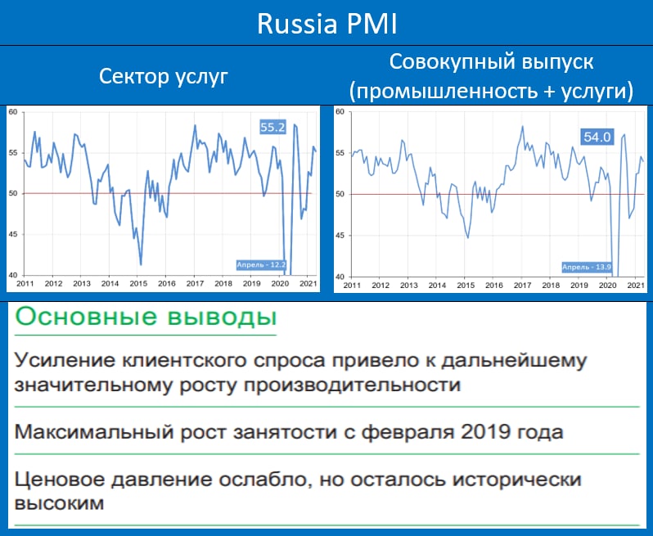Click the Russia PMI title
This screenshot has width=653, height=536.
pyautogui.click(x=327, y=24)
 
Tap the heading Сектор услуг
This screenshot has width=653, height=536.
pyautogui.click(x=164, y=77)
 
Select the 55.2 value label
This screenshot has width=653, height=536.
pyautogui.click(x=272, y=127)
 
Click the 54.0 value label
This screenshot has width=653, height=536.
pyautogui.click(x=597, y=137)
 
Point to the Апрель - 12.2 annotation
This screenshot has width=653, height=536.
pyautogui.click(x=262, y=265)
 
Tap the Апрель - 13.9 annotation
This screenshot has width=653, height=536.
pyautogui.click(x=587, y=267)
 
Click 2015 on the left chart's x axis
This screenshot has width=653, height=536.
pyautogui.click(x=138, y=284)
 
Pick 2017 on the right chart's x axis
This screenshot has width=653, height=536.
pyautogui.click(x=522, y=286)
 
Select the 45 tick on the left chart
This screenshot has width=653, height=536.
pyautogui.click(x=13, y=235)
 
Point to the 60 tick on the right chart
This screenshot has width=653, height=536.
pyautogui.click(x=340, y=111)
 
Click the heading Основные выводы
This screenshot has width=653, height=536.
pyautogui.click(x=146, y=317)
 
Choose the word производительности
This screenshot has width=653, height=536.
pyautogui.click(x=352, y=385)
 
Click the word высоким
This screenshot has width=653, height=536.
pyautogui.click(x=59, y=503)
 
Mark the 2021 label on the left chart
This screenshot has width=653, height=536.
pyautogui.click(x=307, y=284)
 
